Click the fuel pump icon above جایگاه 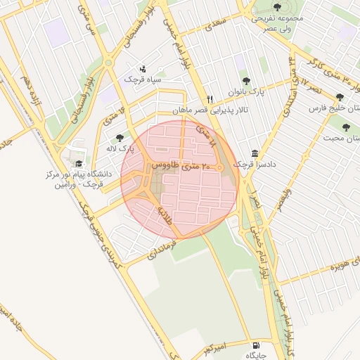tap(254, 345)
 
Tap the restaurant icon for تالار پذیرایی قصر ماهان tap(209, 99)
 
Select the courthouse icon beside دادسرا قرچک tap(254, 154)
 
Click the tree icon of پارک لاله tap(119, 138)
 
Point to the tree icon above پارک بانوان tap(245, 81)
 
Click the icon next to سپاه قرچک tap(143, 69)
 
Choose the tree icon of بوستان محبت tap(345, 127)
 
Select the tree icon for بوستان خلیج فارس tap(340, 97)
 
